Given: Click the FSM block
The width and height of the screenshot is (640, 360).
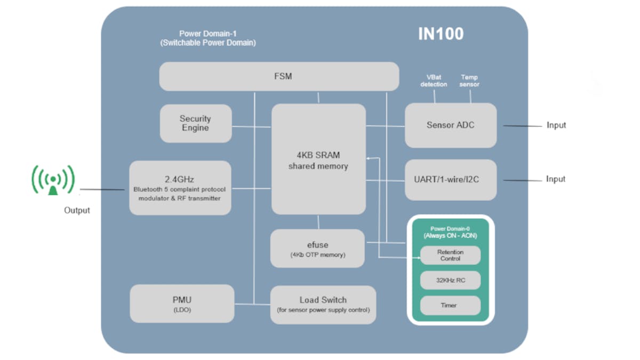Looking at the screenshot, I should pyautogui.click(x=279, y=76).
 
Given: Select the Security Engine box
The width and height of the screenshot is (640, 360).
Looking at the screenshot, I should pyautogui.click(x=196, y=123).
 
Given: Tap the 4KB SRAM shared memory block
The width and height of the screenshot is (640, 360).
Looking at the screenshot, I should pyautogui.click(x=318, y=160).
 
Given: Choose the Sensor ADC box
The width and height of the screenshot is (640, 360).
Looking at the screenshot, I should pyautogui.click(x=451, y=125).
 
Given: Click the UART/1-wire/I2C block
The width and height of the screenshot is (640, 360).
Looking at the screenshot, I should pyautogui.click(x=451, y=180).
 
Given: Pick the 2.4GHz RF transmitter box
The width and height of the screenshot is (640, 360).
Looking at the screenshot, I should pyautogui.click(x=180, y=188).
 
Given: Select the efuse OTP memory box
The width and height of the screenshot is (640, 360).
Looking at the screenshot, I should pyautogui.click(x=318, y=249).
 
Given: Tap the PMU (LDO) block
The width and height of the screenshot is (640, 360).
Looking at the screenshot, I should pyautogui.click(x=182, y=303).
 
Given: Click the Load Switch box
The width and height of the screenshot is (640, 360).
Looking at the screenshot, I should pyautogui.click(x=323, y=305).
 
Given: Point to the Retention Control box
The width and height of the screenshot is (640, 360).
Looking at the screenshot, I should pyautogui.click(x=451, y=255).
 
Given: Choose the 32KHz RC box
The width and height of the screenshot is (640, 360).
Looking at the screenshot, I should pyautogui.click(x=451, y=281).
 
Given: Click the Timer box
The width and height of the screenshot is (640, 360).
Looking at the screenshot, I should pyautogui.click(x=451, y=306).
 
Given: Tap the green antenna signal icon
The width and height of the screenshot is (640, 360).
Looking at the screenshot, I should pyautogui.click(x=53, y=180).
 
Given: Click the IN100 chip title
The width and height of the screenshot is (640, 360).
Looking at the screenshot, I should pyautogui.click(x=440, y=34).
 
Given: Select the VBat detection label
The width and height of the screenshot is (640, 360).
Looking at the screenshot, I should pyautogui.click(x=434, y=81).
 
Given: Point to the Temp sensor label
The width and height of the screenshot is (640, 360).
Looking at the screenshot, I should pyautogui.click(x=470, y=81).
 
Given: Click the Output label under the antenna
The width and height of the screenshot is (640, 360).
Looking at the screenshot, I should pyautogui.click(x=77, y=210).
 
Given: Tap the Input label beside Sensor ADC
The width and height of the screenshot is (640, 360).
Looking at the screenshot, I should pyautogui.click(x=556, y=125).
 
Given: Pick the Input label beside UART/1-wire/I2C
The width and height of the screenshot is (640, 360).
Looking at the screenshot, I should pyautogui.click(x=556, y=179).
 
